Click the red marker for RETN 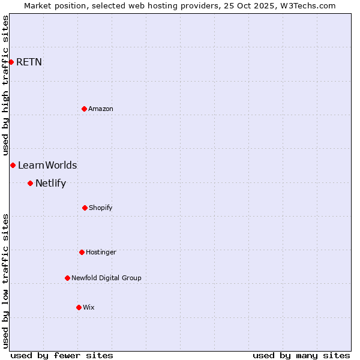coord(11,62)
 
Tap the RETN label coord(29,62)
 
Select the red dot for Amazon coord(84,109)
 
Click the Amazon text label coord(101,109)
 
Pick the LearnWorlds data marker coord(13,165)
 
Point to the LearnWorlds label coord(47,166)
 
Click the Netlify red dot coord(30,183)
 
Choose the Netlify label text coord(50,184)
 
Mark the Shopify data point coord(85,208)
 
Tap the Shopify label coord(101,208)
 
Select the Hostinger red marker coord(82,252)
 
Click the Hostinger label coord(101,252)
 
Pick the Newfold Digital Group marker coord(67,278)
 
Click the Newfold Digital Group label coord(106,278)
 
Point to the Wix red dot coord(79,307)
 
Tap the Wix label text coord(89,307)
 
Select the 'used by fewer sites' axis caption coord(62,355)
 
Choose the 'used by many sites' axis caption coord(301,355)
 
